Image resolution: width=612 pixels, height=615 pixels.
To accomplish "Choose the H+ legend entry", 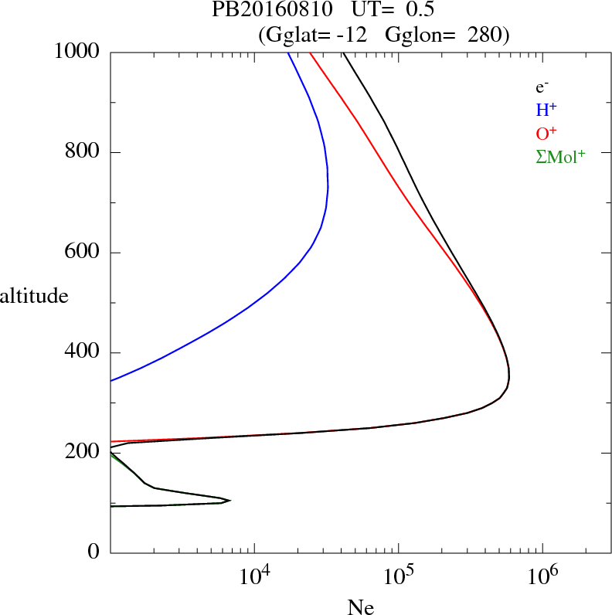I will pos(546,110).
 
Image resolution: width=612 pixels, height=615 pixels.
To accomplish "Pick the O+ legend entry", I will pos(547,133).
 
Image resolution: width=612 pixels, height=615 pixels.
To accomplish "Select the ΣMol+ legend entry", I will pos(560,156).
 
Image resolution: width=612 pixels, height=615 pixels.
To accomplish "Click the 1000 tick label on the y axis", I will pos(76,52).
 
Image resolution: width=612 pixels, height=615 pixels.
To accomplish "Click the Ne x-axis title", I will pos(360,607).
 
